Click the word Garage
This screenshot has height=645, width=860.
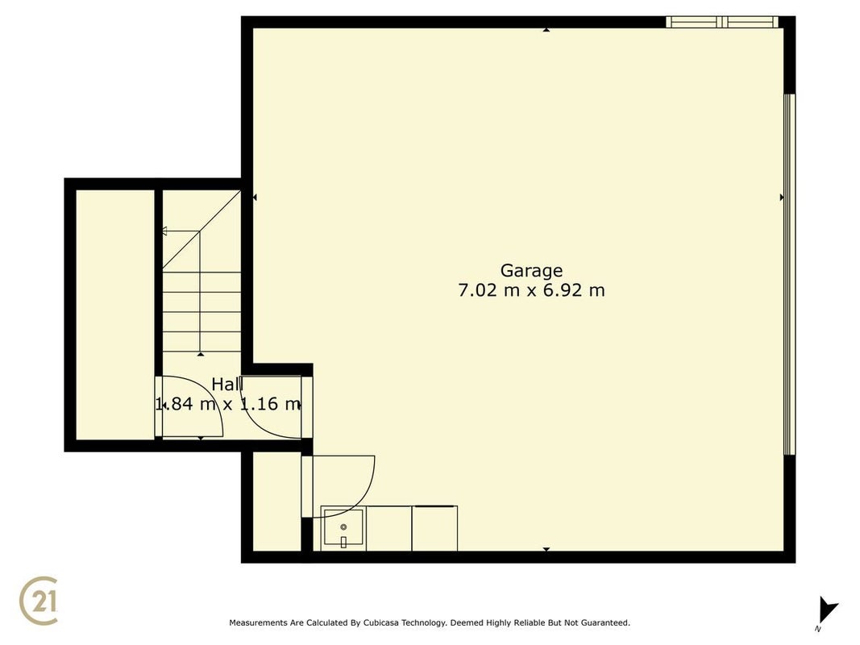tap(531, 271)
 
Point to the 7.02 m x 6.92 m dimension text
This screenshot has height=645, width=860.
tap(531, 289)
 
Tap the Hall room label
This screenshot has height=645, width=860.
tap(227, 385)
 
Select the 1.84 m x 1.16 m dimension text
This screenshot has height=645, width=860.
tap(228, 404)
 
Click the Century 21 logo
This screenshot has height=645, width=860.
tap(39, 600)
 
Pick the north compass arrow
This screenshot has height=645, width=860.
tap(828, 610)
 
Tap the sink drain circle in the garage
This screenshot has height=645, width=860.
tap(343, 527)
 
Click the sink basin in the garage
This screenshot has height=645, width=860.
tap(343, 527)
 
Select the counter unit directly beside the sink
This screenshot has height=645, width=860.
tap(388, 528)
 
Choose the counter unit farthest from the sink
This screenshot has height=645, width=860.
tap(434, 528)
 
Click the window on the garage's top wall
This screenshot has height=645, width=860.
tap(722, 22)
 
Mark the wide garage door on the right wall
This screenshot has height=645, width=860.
tap(789, 274)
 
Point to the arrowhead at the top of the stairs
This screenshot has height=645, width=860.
tap(164, 231)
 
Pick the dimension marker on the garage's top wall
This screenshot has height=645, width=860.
tap(546, 30)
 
